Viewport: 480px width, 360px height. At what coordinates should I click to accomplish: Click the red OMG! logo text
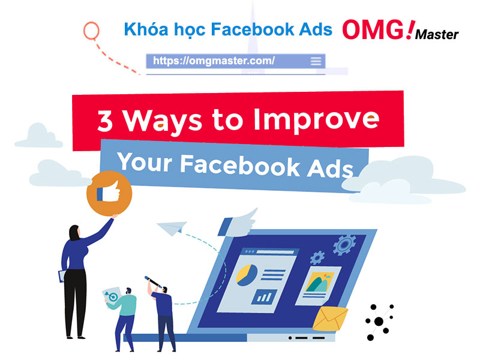379,29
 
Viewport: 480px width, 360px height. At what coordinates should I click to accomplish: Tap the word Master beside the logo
437,34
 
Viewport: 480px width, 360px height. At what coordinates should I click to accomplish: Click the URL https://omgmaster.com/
214,61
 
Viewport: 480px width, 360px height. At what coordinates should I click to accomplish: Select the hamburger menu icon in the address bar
316,61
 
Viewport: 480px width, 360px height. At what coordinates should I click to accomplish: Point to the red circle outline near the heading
91,31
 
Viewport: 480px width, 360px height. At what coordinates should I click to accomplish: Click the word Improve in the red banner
317,120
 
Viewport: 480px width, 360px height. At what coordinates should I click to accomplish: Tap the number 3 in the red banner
105,121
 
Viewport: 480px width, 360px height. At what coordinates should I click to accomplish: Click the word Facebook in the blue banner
240,166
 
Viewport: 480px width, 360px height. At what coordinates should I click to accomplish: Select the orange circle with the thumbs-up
109,193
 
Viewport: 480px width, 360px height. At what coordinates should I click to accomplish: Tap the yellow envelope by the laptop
331,319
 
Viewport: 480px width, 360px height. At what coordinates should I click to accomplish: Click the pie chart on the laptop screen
247,275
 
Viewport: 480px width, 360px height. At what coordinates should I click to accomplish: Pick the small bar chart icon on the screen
265,296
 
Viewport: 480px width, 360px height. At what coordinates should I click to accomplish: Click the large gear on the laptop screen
344,245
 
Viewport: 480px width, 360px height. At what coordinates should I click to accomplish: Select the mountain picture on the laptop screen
319,282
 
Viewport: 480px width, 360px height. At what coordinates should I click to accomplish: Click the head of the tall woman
74,233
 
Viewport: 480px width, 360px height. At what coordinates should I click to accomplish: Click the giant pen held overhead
153,281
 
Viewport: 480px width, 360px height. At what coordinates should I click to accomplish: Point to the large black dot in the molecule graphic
379,322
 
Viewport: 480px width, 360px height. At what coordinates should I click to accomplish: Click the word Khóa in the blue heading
146,29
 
